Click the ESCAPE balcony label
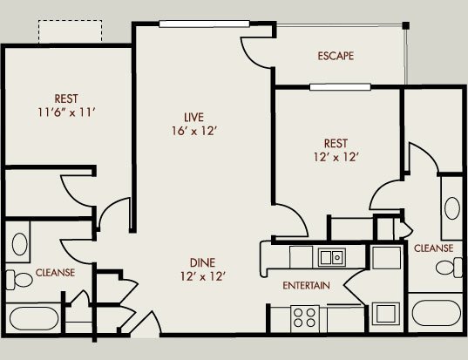pos(336,56)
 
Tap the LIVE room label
pos(193,118)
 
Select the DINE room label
pos(202,262)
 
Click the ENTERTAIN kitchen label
pos(306,286)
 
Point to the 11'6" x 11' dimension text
pos(66,112)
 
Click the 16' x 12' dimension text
pos(193,131)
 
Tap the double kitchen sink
pos(331,257)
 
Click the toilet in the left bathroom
pos(19,280)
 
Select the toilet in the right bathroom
pos(449,267)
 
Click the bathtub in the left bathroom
pos(34,319)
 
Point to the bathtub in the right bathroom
pos(436,312)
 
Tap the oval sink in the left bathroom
pos(20,244)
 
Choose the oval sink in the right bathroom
pos(452,208)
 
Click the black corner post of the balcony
pos(405,25)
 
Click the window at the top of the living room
pos(204,24)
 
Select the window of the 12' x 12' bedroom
pos(340,87)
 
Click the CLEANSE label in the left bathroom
pos(55,273)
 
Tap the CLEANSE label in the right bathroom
pos(433,248)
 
